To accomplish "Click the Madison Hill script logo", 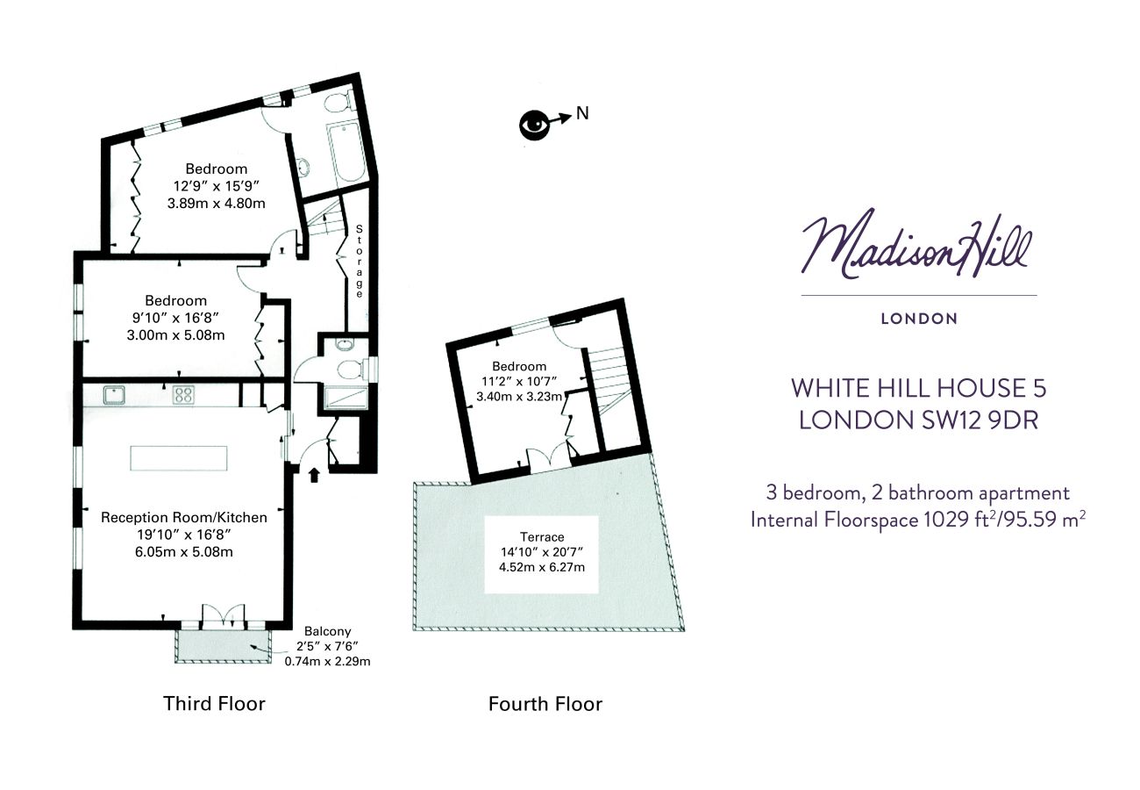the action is [916, 245].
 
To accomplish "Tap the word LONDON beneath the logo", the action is [919, 319].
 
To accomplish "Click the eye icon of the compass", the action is [534, 125].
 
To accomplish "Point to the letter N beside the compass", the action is [582, 113].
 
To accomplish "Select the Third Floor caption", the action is [214, 703].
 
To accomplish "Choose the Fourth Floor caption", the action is [545, 704].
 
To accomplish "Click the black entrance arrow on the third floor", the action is [314, 475].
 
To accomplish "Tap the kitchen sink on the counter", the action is [114, 395].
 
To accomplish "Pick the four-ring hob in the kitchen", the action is [183, 395].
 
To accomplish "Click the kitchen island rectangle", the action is [179, 458].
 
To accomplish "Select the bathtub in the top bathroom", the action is [346, 153].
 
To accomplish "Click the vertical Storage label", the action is [360, 262].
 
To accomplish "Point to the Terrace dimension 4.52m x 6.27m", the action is [542, 567].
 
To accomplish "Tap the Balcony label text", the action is [328, 631].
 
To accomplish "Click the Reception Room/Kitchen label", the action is [184, 518].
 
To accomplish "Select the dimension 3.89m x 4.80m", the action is [217, 204].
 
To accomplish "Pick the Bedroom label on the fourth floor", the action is [519, 366].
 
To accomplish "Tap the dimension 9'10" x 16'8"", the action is [175, 318].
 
